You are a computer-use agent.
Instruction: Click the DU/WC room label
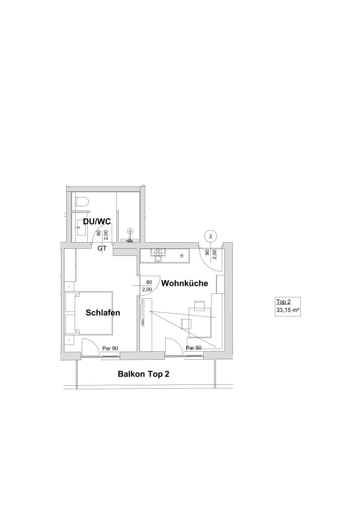pyautogui.click(x=97, y=222)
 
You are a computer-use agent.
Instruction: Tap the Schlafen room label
pyautogui.click(x=103, y=313)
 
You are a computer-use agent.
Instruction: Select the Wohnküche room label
pyautogui.click(x=184, y=283)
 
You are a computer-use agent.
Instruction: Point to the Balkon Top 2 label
pyautogui.click(x=144, y=374)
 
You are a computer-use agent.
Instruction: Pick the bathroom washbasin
pyautogui.click(x=81, y=227)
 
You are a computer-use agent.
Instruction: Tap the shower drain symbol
pyautogui.click(x=130, y=231)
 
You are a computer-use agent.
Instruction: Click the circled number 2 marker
pyautogui.click(x=211, y=236)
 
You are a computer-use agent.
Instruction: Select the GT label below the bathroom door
pyautogui.click(x=102, y=249)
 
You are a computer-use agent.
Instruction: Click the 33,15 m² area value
pyautogui.click(x=288, y=310)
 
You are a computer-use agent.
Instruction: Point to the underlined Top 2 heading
pyautogui.click(x=284, y=302)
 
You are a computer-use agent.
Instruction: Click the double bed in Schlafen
pyautogui.click(x=89, y=313)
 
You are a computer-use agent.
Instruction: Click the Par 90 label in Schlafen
pyautogui.click(x=110, y=348)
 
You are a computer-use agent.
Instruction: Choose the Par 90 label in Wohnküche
pyautogui.click(x=194, y=348)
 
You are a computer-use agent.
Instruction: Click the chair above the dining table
pyautogui.click(x=199, y=305)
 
